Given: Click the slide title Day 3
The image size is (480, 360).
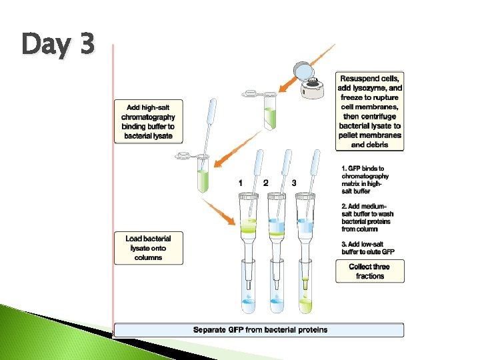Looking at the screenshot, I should pyautogui.click(x=59, y=45).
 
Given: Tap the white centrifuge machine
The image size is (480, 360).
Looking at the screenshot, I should pyautogui.click(x=313, y=87).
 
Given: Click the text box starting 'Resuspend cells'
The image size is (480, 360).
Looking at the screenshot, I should pyautogui.click(x=370, y=111).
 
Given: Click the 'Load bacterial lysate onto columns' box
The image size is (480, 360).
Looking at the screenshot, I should pyautogui.click(x=148, y=248).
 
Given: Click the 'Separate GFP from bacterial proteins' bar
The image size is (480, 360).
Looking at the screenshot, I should pyautogui.click(x=259, y=329).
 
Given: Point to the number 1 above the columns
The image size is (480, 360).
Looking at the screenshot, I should pyautogui.click(x=240, y=183).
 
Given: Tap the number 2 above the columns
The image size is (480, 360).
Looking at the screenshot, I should pyautogui.click(x=266, y=183).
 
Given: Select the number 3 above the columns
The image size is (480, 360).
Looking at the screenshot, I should pyautogui.click(x=294, y=183).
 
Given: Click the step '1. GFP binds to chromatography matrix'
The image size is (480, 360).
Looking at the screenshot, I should pyautogui.click(x=365, y=180).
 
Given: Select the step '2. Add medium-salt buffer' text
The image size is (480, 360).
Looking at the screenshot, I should pyautogui.click(x=367, y=217).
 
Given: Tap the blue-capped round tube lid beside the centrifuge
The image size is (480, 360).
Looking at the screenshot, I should pyautogui.click(x=303, y=69).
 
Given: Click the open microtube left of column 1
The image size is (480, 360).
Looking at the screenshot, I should pyautogui.click(x=203, y=175).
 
